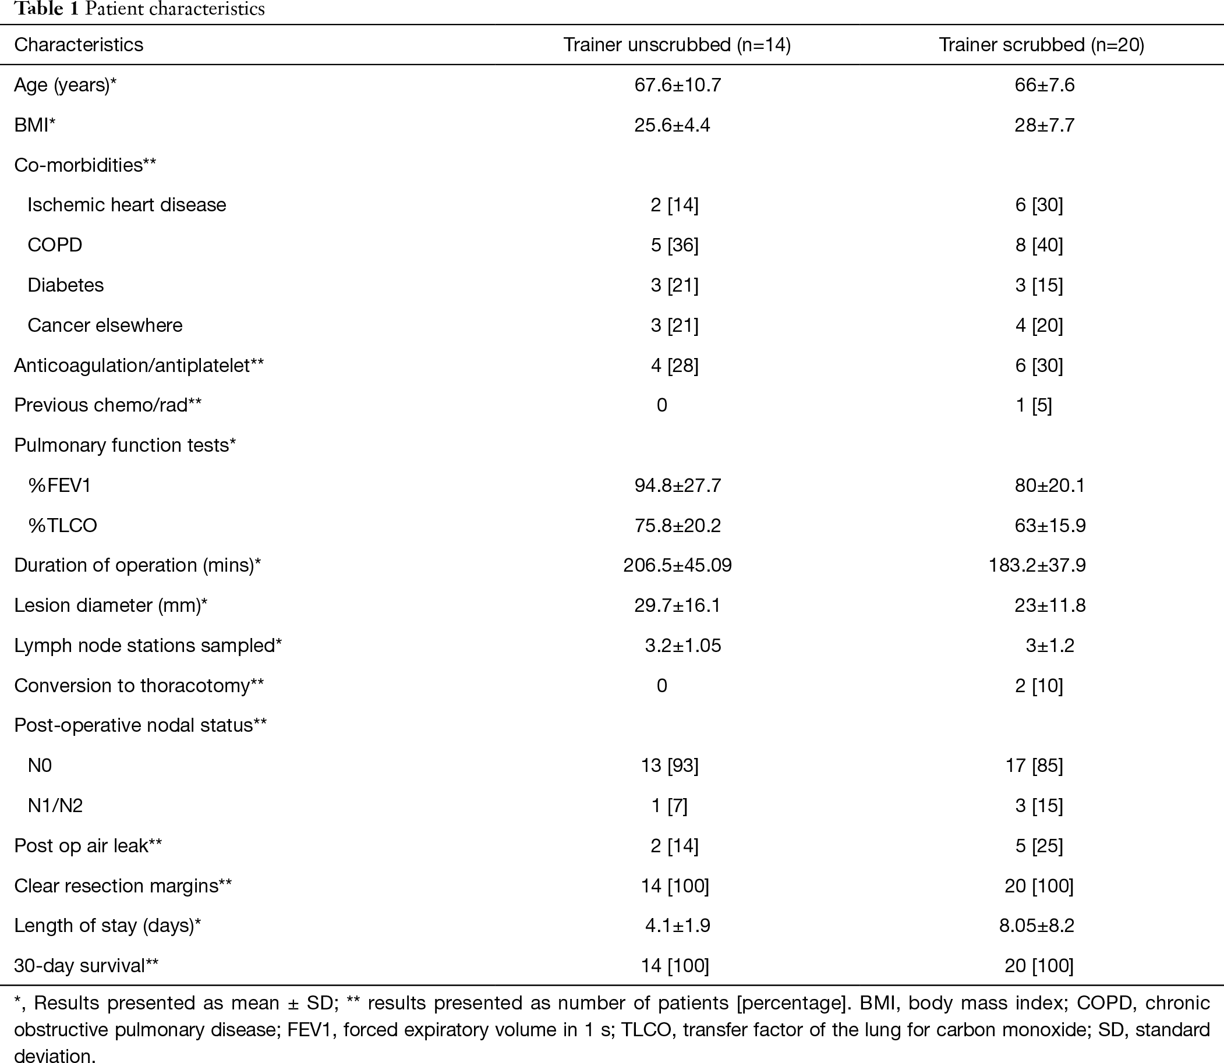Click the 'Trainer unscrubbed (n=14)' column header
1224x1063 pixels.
coord(677,45)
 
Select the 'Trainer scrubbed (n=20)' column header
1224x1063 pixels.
coord(1041,45)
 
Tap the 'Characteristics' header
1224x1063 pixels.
coord(79,45)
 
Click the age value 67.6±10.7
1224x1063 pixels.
coord(678,85)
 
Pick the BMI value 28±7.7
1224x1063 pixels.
coord(1044,125)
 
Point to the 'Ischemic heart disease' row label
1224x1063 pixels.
coord(127,205)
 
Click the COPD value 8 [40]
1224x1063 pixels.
coord(1039,245)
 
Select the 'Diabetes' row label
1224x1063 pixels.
coord(66,285)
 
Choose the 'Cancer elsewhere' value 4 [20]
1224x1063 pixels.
coord(1039,325)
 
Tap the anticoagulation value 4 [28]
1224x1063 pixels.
coord(674,366)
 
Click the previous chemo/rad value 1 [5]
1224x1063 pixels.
coord(1034,405)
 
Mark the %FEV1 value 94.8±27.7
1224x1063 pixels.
coord(678,486)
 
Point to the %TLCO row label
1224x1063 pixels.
coord(62,526)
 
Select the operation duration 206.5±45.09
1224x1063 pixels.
coord(678,565)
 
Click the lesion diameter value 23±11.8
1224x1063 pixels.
coord(1050,605)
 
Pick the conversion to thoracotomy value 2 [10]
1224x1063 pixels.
coord(1039,686)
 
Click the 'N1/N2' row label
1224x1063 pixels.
coord(55,806)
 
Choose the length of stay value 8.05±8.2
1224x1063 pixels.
coord(1036,926)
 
